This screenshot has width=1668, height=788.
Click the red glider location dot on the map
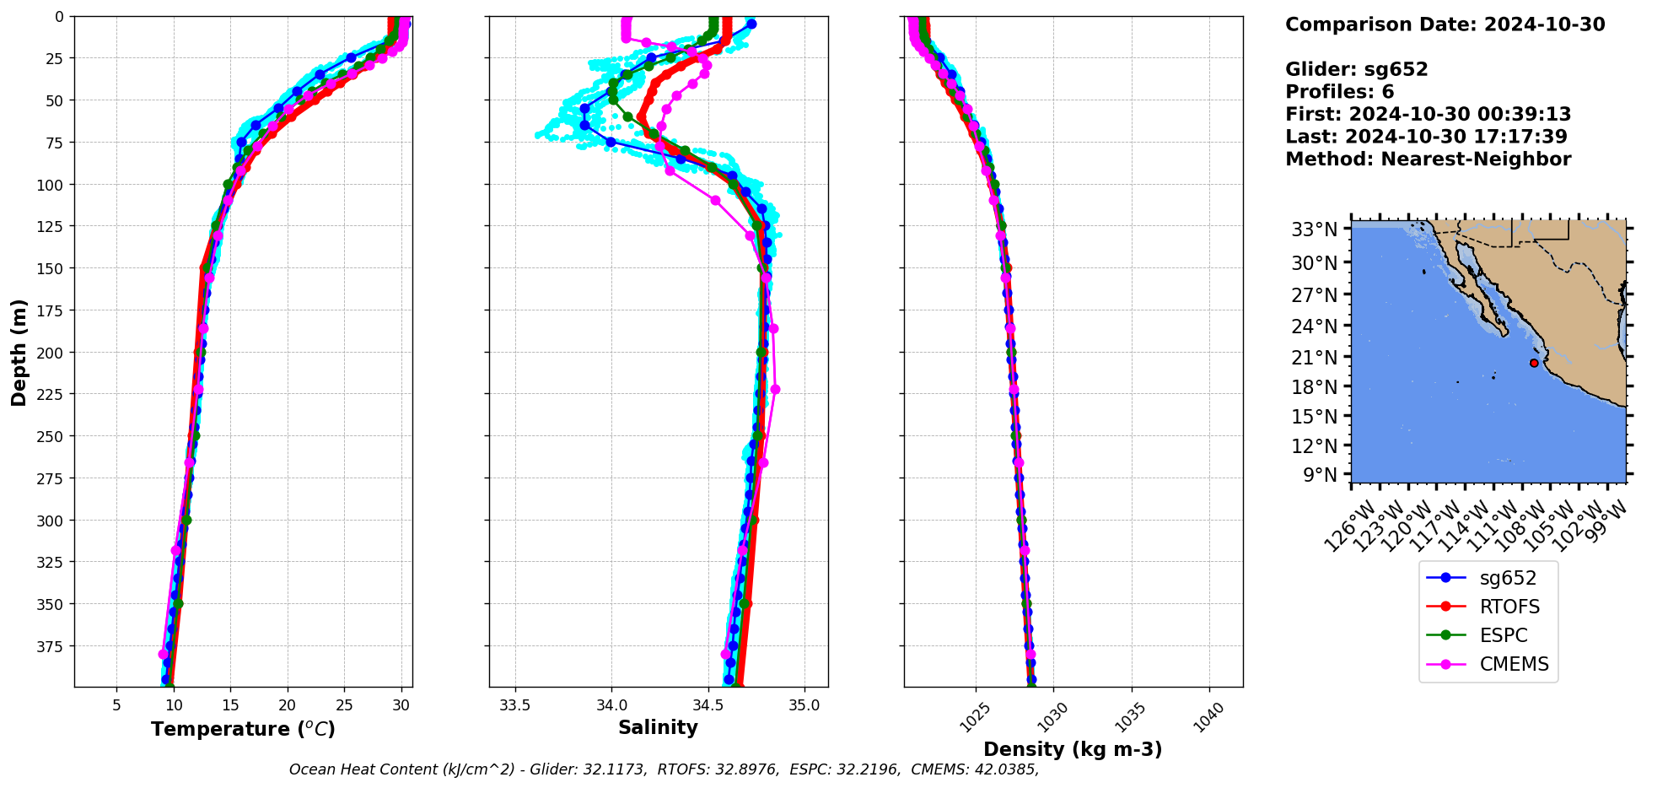click(1534, 364)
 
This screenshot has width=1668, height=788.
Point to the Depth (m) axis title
click(19, 353)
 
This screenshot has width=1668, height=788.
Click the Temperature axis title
click(243, 729)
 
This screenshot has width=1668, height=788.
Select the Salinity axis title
click(658, 727)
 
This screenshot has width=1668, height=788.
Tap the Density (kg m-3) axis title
click(1073, 749)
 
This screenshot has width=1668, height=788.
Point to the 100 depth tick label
click(51, 185)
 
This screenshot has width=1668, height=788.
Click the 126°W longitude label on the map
click(1349, 526)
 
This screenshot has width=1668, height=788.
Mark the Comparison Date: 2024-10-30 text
click(1445, 24)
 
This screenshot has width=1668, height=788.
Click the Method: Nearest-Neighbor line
click(1428, 159)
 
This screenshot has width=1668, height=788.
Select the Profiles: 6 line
click(1339, 92)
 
